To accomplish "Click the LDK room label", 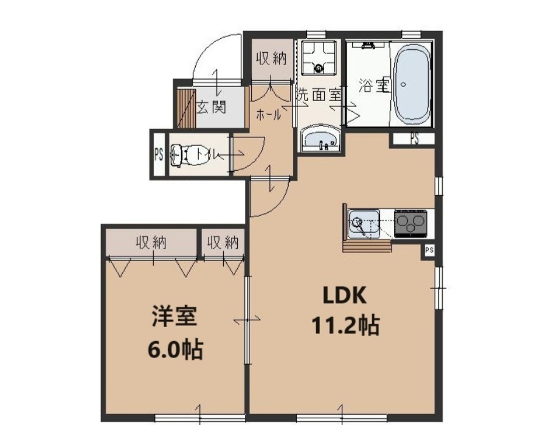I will tap(344, 296).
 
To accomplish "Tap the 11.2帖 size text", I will tap(345, 326).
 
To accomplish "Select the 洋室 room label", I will tap(174, 319).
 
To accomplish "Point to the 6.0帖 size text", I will tap(175, 350).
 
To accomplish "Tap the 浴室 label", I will tap(373, 86).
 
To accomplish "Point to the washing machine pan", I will tap(319, 57).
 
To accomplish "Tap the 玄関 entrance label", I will tap(212, 108).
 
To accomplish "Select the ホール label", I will tap(268, 114).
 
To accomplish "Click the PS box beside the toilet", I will tap(158, 154).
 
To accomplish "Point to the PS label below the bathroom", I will tap(414, 139).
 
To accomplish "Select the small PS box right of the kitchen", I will tap(429, 250).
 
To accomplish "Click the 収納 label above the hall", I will tap(271, 58).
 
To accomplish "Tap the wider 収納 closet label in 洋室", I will tap(151, 243).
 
